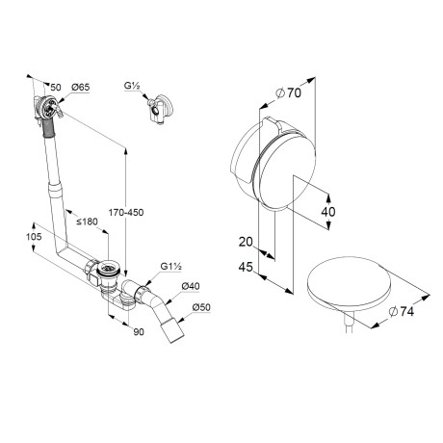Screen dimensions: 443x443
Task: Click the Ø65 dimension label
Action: pyautogui.click(x=81, y=88)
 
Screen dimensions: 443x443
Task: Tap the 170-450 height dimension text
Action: pyautogui.click(x=126, y=212)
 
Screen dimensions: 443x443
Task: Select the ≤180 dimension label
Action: pyautogui.click(x=87, y=221)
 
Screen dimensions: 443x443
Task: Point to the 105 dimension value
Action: pyautogui.click(x=34, y=237)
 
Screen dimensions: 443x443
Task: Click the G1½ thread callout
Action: pyautogui.click(x=171, y=267)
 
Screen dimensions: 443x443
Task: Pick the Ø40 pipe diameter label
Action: pyautogui.click(x=191, y=286)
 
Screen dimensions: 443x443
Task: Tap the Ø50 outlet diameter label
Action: pyautogui.click(x=201, y=307)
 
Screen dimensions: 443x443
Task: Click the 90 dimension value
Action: pyautogui.click(x=139, y=332)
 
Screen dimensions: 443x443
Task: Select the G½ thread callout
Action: pyautogui.click(x=132, y=86)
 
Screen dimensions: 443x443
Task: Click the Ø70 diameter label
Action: pyautogui.click(x=289, y=93)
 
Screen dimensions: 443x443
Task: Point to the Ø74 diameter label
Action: pyautogui.click(x=402, y=311)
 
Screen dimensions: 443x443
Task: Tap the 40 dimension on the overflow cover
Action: pyautogui.click(x=328, y=212)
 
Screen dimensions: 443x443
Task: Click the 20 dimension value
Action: pyautogui.click(x=246, y=242)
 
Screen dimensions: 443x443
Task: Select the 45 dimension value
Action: pyautogui.click(x=246, y=267)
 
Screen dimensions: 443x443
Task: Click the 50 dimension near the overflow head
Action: pyautogui.click(x=56, y=87)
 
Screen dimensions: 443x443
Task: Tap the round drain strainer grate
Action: pyautogui.click(x=109, y=267)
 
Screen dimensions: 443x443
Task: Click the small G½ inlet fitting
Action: pyautogui.click(x=160, y=109)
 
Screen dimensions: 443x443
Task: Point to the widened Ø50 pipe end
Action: pyautogui.click(x=172, y=330)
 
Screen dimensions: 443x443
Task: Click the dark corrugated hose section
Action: pyautogui.click(x=48, y=127)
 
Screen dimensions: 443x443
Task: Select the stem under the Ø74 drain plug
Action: pyautogui.click(x=349, y=322)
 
